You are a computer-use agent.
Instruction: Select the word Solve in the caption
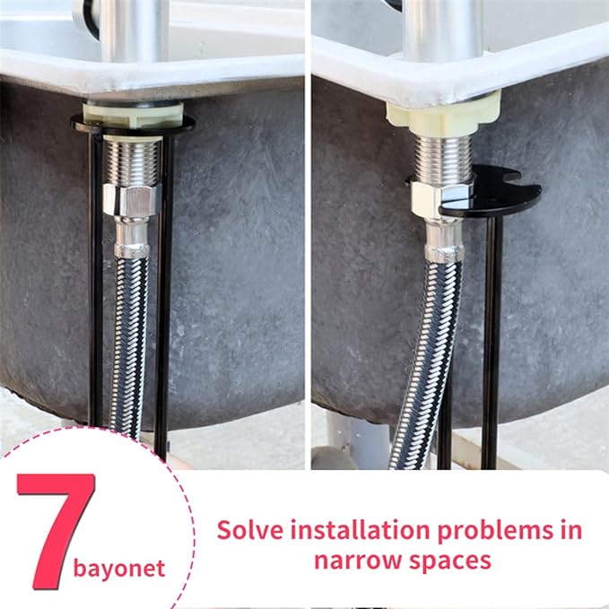click(249, 530)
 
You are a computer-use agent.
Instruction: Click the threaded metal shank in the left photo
click(133, 161)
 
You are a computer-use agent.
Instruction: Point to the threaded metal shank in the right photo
click(441, 158)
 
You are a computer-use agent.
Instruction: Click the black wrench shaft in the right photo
click(491, 341)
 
